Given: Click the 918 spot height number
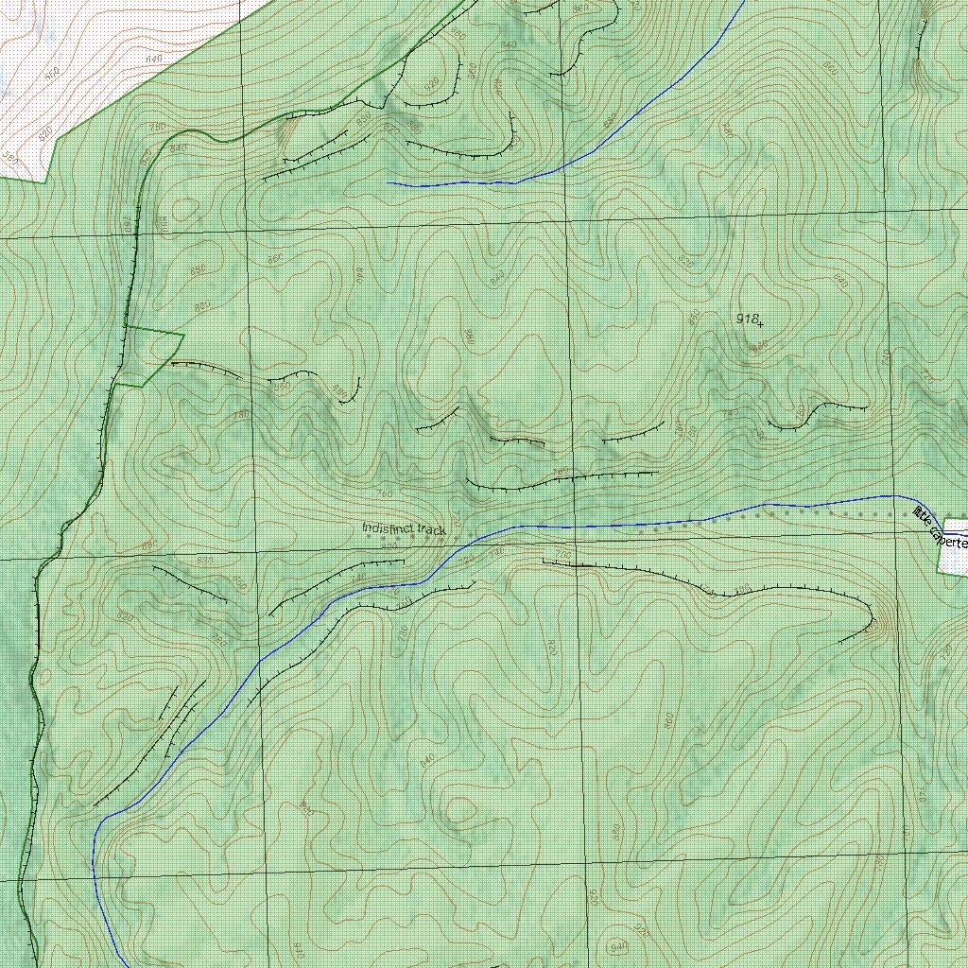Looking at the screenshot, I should coord(748,320).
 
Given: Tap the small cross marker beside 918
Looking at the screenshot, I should coord(760,323).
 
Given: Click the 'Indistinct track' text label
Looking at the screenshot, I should coord(404,529).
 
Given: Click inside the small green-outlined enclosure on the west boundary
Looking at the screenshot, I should coord(149,355).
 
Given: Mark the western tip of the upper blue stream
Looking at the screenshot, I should coord(389,182).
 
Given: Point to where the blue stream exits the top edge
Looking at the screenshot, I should coord(743,3).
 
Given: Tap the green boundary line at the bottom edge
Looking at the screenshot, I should coord(36,964).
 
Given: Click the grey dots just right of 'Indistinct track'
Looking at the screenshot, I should coord(463,536).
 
